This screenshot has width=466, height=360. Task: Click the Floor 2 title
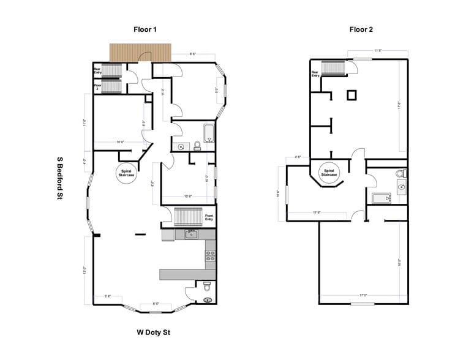[x=361, y=29]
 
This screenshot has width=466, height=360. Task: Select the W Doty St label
[x=152, y=333]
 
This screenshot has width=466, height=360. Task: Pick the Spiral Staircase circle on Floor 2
[x=328, y=172]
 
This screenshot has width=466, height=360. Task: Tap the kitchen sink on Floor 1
[x=190, y=234]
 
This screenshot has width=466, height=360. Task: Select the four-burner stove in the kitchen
[x=209, y=255]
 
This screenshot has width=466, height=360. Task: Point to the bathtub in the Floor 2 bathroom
[x=381, y=198]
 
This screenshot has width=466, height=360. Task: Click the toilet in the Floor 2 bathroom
[x=401, y=173]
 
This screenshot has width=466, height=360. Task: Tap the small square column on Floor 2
[x=351, y=95]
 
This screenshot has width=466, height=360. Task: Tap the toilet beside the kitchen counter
[x=207, y=285]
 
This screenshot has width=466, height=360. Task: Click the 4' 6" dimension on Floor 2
[x=298, y=157]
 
